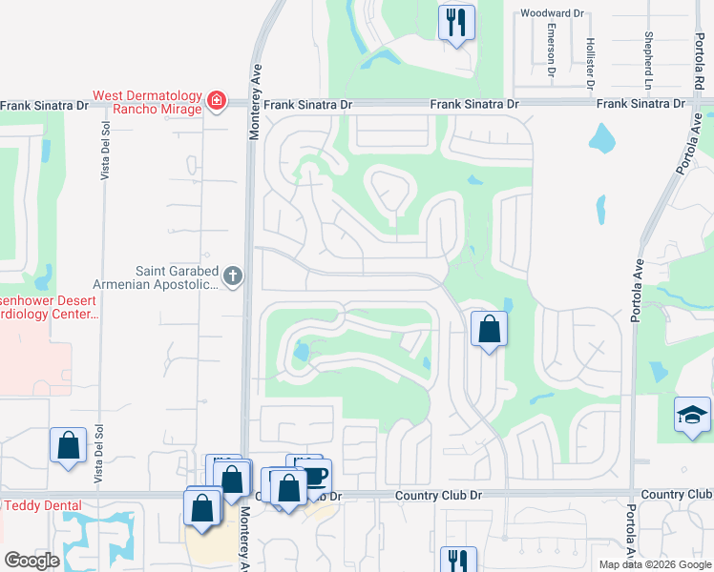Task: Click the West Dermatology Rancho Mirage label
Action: (x=147, y=102)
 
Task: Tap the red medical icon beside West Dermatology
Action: (x=217, y=100)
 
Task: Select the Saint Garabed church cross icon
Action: (x=233, y=277)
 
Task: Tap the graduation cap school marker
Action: (x=692, y=415)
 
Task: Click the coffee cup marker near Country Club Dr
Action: (x=314, y=474)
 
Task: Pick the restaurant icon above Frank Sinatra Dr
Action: (x=456, y=21)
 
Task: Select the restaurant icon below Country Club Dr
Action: (x=457, y=560)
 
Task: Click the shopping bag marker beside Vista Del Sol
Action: (x=69, y=445)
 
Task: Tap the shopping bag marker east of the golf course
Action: (x=489, y=330)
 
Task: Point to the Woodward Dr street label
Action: (x=551, y=13)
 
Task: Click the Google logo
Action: (x=32, y=561)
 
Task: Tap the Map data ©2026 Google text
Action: (x=654, y=564)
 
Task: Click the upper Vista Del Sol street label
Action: (x=105, y=153)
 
